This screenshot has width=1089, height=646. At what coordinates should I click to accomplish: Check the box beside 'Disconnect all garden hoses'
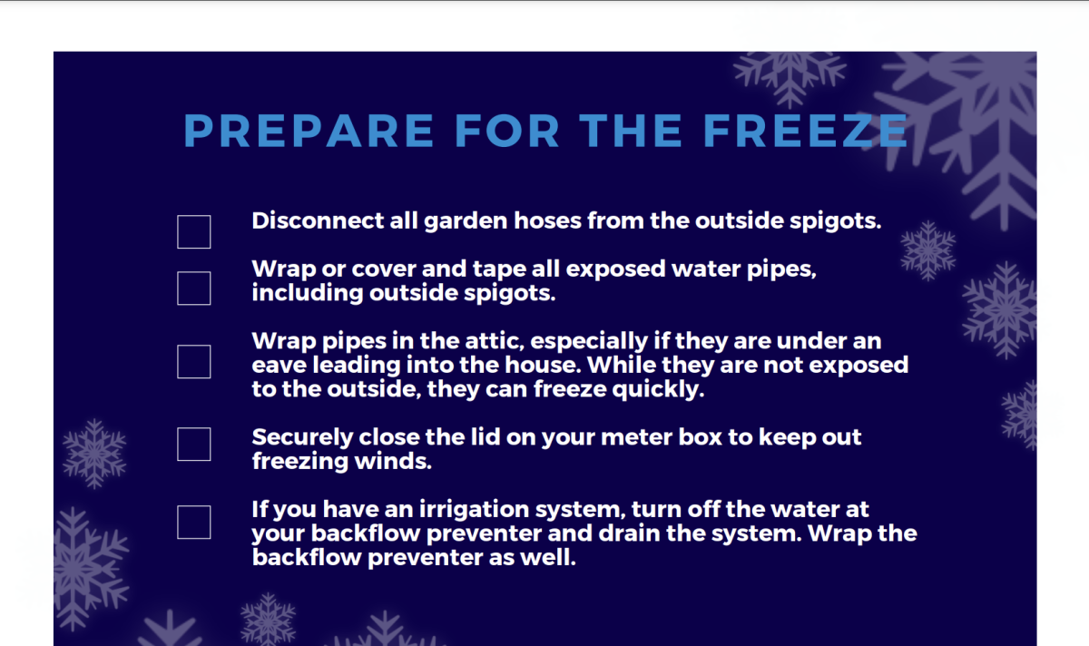(193, 231)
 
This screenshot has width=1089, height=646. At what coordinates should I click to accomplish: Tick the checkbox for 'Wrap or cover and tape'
(193, 289)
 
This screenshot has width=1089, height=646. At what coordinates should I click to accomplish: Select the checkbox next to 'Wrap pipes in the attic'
(193, 361)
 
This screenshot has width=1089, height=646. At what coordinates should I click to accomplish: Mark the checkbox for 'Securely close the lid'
(193, 444)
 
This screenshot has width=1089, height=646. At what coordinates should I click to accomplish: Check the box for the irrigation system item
(193, 522)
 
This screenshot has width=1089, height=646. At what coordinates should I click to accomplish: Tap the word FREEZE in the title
(805, 132)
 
